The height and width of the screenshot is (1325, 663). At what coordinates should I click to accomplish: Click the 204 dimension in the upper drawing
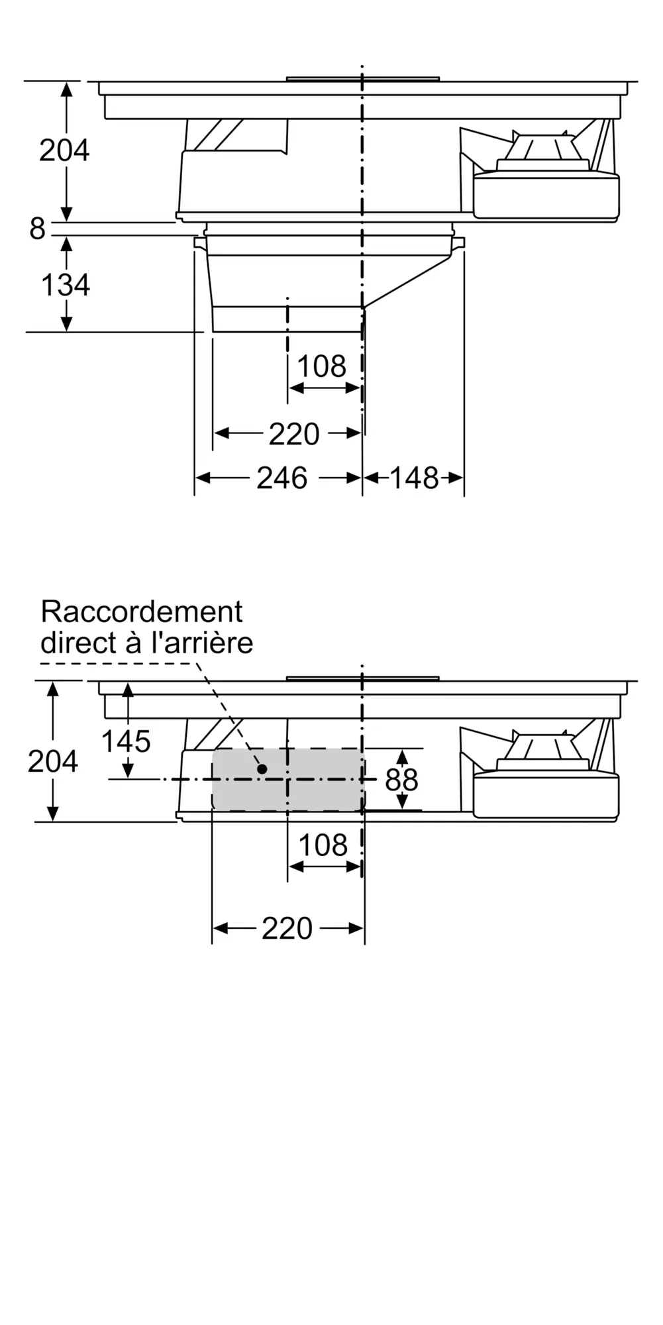click(x=64, y=151)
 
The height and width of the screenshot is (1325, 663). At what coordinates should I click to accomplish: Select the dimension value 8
click(x=37, y=229)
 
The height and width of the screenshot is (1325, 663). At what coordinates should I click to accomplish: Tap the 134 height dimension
click(x=66, y=286)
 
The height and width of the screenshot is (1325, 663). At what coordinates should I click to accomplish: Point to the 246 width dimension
click(x=282, y=478)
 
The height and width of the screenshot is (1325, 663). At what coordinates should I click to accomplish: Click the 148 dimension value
click(x=414, y=478)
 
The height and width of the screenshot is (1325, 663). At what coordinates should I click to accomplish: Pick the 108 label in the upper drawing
click(x=321, y=366)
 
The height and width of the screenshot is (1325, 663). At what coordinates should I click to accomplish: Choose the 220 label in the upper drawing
click(x=294, y=435)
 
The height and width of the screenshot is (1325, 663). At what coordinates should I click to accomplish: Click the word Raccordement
click(x=142, y=611)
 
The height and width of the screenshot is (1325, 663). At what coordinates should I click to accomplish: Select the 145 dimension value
click(x=126, y=742)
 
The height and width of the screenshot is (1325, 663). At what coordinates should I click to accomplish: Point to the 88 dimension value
click(x=401, y=780)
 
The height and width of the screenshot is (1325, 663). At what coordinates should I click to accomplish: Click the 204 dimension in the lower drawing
click(x=53, y=762)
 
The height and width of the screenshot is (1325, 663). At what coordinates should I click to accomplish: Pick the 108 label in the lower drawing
click(x=323, y=845)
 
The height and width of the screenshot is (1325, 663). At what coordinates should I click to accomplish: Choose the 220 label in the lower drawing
click(x=287, y=929)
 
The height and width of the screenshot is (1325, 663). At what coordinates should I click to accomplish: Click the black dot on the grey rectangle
click(x=262, y=769)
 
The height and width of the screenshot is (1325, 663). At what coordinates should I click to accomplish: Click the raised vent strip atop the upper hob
click(x=363, y=79)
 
